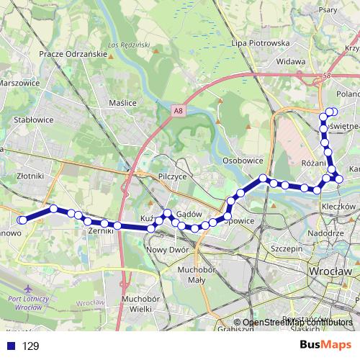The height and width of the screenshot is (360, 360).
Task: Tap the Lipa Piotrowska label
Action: point(261,43)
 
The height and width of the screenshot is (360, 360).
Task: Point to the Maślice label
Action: point(122,103)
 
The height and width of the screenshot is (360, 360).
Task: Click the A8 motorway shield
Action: point(177,110)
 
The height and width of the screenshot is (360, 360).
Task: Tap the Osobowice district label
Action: point(243,161)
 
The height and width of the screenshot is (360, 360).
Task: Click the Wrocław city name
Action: point(328,271)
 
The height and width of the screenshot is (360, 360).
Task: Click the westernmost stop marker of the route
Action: point(23,220)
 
